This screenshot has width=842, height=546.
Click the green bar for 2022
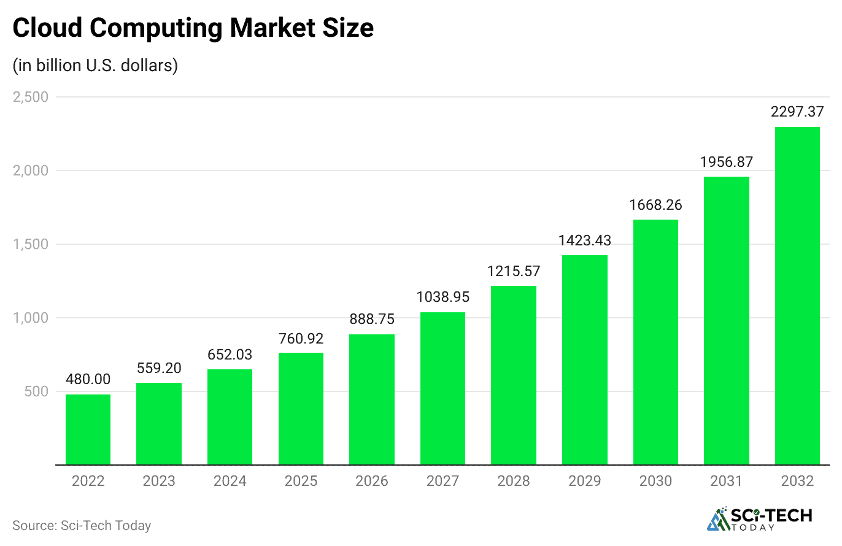tap(88, 429)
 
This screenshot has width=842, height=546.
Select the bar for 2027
tap(442, 388)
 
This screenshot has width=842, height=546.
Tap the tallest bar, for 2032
tap(797, 296)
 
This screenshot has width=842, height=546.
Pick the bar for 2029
tap(584, 360)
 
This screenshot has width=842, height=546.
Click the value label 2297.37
tap(797, 112)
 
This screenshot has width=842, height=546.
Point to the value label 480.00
tap(88, 379)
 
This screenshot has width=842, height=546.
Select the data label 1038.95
tap(442, 297)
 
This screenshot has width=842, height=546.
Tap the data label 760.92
tap(301, 338)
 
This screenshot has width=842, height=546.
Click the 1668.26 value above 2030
tap(655, 204)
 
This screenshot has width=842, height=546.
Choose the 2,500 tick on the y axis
tap(31, 97)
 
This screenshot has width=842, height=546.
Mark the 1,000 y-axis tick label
tap(31, 318)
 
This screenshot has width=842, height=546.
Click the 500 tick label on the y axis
tap(36, 391)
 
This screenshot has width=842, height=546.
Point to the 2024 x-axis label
tap(230, 481)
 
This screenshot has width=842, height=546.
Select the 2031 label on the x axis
tap(726, 481)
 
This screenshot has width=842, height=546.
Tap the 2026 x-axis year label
tap(371, 481)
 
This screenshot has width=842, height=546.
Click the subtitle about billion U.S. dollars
tap(96, 66)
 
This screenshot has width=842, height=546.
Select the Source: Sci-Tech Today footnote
tap(81, 526)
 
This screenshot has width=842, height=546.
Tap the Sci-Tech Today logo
tap(760, 519)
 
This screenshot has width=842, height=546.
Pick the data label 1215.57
tap(514, 271)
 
